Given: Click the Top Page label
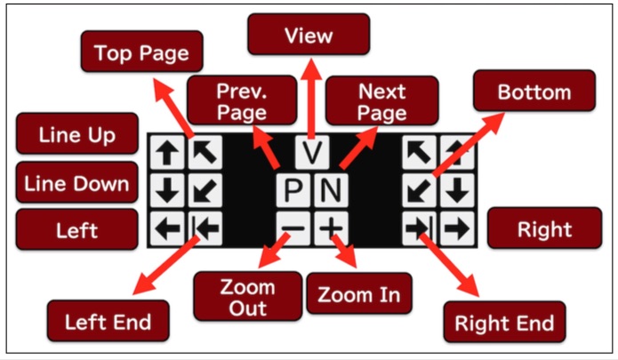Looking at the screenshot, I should (x=141, y=53).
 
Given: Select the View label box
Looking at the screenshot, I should (x=308, y=36).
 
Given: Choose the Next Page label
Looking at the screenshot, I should (x=382, y=101).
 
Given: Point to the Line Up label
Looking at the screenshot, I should (x=77, y=135).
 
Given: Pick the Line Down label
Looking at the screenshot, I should (x=77, y=184).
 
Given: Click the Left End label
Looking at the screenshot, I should (x=100, y=321).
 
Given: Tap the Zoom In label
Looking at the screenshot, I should (x=359, y=294).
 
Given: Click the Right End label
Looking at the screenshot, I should (x=504, y=321).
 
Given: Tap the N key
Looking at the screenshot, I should (x=330, y=190).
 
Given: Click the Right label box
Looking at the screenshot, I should (x=545, y=229).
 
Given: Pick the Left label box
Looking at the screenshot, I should (x=77, y=229).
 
